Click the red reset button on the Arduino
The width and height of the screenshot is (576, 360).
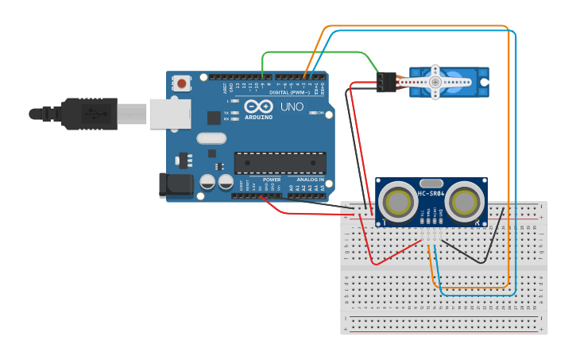coord(183,83)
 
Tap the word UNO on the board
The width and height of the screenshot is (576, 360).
coord(292,106)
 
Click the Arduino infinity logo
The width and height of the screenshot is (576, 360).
coord(258,106)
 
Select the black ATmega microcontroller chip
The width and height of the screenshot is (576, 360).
coord(280,162)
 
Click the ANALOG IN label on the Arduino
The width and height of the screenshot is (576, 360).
coord(311,180)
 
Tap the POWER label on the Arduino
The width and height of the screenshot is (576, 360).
coord(272,180)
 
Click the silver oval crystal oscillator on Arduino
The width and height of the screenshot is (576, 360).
coord(211,138)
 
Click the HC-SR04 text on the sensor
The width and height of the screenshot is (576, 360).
coord(431,194)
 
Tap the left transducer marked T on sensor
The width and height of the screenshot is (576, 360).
coord(396,203)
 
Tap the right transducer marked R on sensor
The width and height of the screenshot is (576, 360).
coord(465,203)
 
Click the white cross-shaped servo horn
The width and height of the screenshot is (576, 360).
coord(434,81)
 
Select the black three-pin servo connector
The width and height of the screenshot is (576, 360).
coord(387,82)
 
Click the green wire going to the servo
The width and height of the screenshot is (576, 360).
coord(318,52)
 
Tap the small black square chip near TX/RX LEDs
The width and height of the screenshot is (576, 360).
coord(214,118)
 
